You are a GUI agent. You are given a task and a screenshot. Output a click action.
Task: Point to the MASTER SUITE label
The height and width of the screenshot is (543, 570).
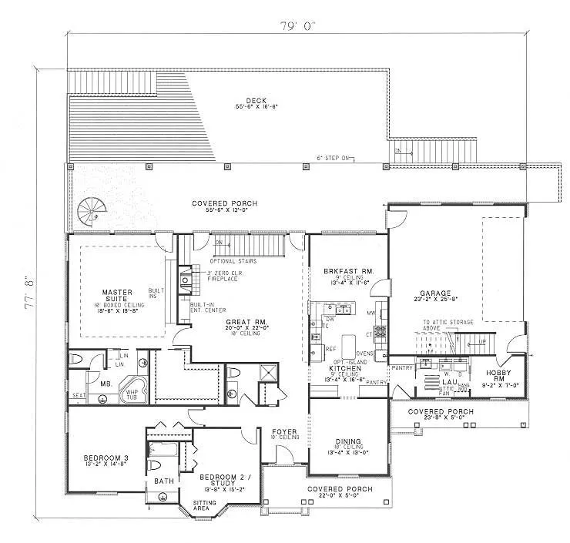pos(119,297)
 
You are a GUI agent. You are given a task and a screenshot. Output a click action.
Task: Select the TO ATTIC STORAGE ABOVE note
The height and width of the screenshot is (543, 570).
pos(442,322)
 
